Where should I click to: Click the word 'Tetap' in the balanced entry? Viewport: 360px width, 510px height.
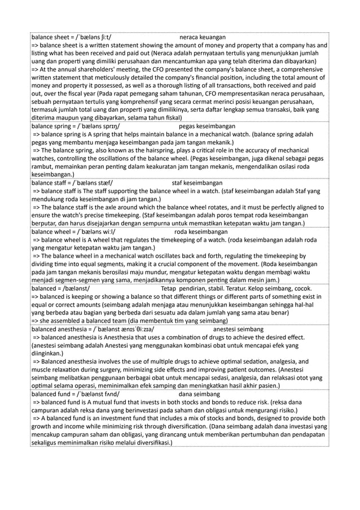tap(170, 289)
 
